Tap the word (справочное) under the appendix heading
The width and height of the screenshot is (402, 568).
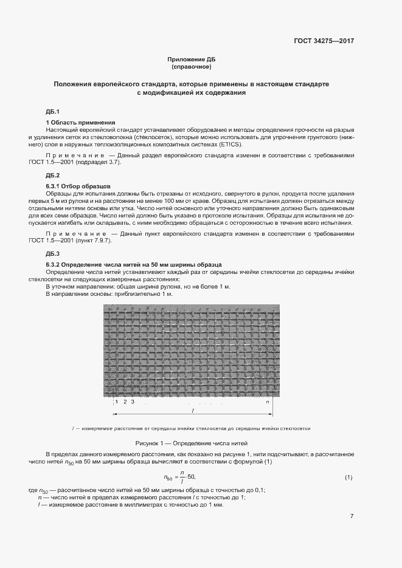pyautogui.click(x=191, y=66)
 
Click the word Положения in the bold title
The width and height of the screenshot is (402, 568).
pyautogui.click(x=73, y=84)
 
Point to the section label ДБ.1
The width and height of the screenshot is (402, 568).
pyautogui.click(x=52, y=112)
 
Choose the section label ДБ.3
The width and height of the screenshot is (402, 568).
pyautogui.click(x=52, y=253)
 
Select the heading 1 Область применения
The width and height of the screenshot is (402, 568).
pyautogui.click(x=80, y=123)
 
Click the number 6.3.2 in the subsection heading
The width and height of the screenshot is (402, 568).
pyautogui.click(x=55, y=264)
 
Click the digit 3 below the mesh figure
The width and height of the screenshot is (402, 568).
pyautogui.click(x=132, y=402)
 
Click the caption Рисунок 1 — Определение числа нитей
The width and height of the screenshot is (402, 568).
pyautogui.click(x=191, y=443)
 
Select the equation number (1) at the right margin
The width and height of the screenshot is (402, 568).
pyautogui.click(x=348, y=477)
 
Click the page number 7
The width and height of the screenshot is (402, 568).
pyautogui.click(x=352, y=516)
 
